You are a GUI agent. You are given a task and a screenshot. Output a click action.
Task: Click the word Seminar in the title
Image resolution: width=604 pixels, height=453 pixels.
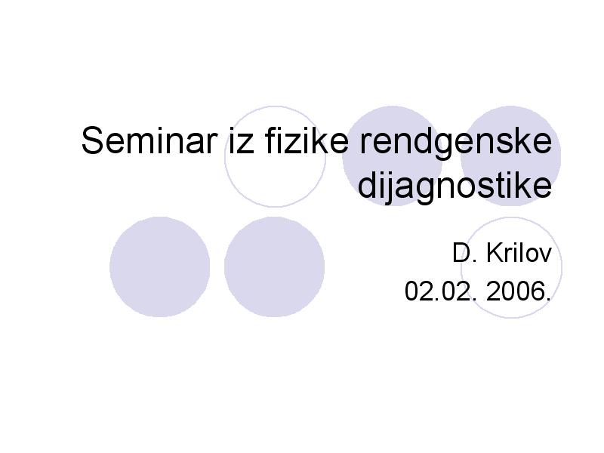click(149, 140)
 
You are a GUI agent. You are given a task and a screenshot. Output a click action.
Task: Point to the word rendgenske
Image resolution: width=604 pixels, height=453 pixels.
click(456, 143)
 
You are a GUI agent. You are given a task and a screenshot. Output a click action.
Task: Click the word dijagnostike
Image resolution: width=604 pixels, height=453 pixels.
click(455, 186)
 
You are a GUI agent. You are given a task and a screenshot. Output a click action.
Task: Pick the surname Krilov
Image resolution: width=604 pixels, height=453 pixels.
click(519, 254)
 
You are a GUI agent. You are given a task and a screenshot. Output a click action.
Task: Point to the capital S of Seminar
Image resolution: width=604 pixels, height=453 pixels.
click(93, 140)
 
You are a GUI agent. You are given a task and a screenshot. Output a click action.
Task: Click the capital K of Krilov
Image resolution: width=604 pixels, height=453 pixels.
click(495, 254)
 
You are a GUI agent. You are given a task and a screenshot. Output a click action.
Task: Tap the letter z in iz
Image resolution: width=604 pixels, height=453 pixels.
click(246, 144)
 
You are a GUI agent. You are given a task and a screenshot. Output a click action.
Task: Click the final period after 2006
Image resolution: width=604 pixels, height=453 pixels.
click(550, 300)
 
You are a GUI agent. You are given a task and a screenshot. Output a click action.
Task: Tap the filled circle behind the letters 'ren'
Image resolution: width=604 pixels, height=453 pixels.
click(393, 116)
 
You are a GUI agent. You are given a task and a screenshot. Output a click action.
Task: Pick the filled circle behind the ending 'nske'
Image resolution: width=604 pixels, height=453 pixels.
click(511, 116)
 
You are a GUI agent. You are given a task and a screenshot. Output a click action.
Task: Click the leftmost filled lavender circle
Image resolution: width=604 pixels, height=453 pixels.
click(160, 267)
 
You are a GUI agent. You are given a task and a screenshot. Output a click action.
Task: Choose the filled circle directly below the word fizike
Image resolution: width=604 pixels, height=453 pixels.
click(274, 267)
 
